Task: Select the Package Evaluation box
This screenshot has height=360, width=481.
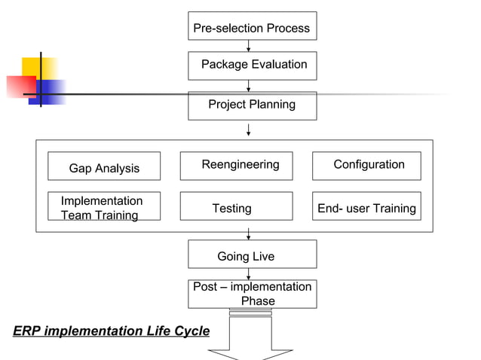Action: coord(252,66)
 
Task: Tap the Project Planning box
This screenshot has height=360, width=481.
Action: coord(252,105)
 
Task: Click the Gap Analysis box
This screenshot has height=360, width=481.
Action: coord(104,166)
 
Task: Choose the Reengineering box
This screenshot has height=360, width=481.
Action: coord(236,166)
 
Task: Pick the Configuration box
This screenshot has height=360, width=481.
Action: coord(366,166)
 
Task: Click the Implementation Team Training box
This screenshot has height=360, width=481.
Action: coord(104,206)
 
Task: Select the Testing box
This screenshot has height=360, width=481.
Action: coord(236,206)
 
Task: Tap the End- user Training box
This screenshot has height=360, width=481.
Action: coord(366,206)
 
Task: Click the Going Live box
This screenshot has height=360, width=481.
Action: coord(252,255)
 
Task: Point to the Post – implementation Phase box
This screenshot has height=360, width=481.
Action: coord(252,294)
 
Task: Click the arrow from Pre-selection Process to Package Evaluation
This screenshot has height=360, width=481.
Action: coord(249,46)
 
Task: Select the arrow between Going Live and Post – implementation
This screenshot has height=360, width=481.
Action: coord(249,274)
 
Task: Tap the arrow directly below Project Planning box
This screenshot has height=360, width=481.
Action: coord(249,130)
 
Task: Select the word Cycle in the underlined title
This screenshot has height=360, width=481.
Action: coord(191,331)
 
